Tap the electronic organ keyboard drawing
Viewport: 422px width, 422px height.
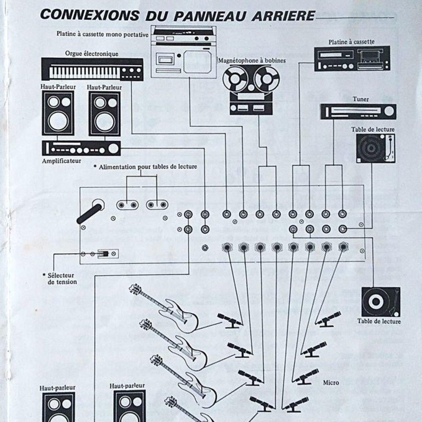point(91,70)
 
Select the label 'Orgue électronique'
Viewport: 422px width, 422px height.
point(91,54)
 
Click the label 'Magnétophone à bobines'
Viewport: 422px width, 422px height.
point(252,60)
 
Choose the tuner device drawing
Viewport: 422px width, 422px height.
point(358,111)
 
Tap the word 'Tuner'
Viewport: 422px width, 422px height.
point(360,99)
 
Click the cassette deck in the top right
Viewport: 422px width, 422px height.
point(352,58)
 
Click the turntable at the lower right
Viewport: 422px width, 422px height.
point(381,302)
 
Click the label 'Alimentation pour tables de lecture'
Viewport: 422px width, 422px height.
point(147,167)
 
